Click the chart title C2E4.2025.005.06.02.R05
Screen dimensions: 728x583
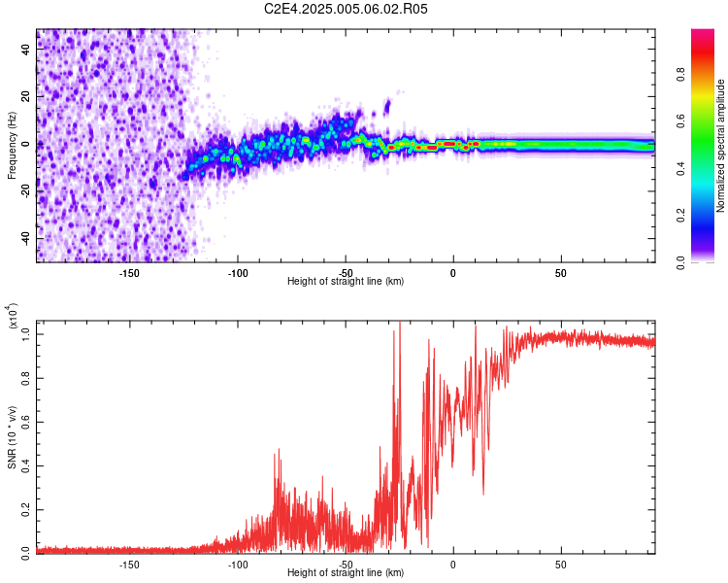pyautogui.click(x=346, y=9)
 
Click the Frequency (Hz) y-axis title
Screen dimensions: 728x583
pyautogui.click(x=12, y=146)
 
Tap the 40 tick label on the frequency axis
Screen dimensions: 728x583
pyautogui.click(x=26, y=49)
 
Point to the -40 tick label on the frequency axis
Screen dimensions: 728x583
pyautogui.click(x=26, y=238)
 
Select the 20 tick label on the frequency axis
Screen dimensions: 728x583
pyautogui.click(x=26, y=96)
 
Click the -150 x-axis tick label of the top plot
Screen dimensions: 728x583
pyautogui.click(x=129, y=273)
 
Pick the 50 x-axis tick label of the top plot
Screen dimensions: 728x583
pyautogui.click(x=561, y=273)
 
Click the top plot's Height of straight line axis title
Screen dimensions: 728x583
pyautogui.click(x=346, y=281)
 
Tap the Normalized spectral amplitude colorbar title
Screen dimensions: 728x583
pyautogui.click(x=720, y=146)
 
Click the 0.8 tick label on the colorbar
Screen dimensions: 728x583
pyautogui.click(x=680, y=75)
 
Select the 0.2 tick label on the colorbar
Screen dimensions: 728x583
pyautogui.click(x=680, y=216)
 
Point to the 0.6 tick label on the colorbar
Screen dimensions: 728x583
pyautogui.click(x=680, y=121)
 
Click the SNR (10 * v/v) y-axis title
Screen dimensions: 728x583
pyautogui.click(x=12, y=437)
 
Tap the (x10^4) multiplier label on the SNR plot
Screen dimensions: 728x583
pyautogui.click(x=13, y=316)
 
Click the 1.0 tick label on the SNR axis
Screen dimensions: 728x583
pyautogui.click(x=26, y=334)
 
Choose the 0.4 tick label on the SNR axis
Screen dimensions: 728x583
pyautogui.click(x=26, y=465)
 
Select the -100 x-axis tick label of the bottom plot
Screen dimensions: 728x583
pyautogui.click(x=237, y=565)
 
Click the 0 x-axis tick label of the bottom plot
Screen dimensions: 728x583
pyautogui.click(x=453, y=565)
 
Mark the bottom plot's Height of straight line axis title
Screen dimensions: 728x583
pyautogui.click(x=346, y=572)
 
